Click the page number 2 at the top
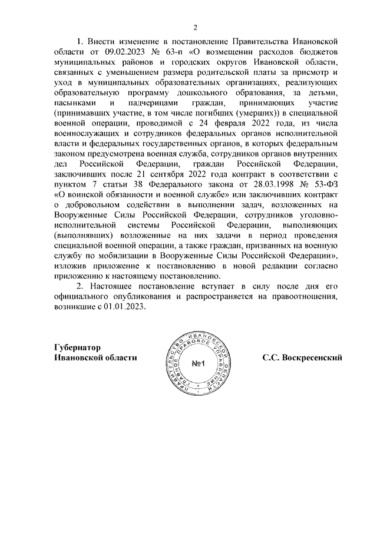click(196, 27)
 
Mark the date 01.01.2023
click(122, 307)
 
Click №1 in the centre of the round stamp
click(197, 364)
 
